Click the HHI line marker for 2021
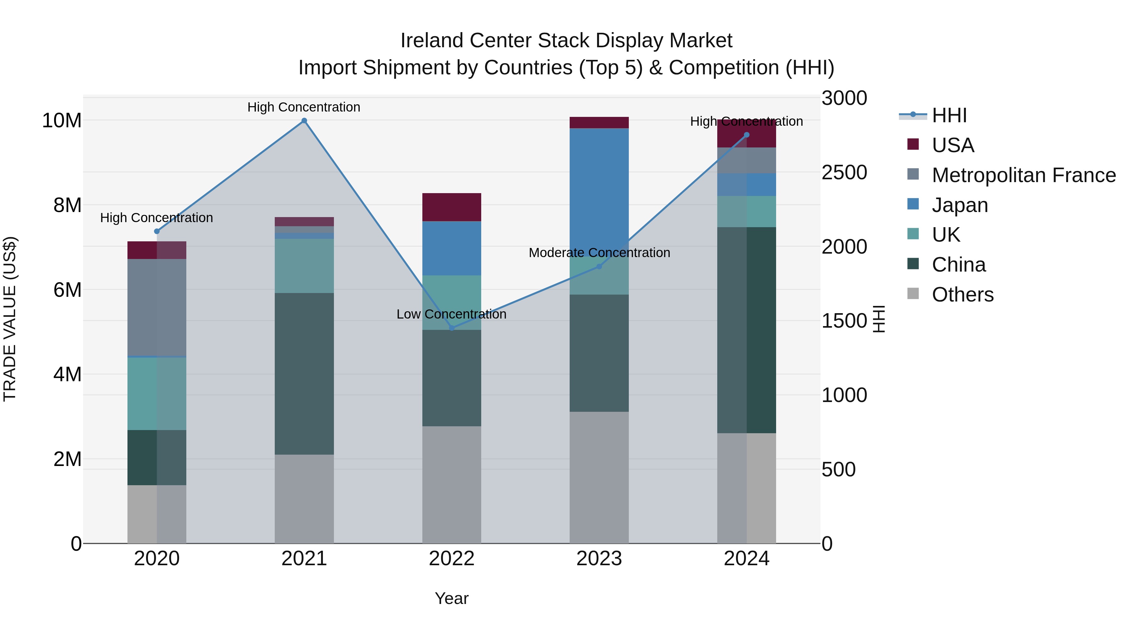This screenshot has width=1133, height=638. tap(304, 121)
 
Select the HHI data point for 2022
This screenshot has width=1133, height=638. tap(452, 328)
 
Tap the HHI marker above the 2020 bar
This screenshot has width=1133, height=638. tap(157, 231)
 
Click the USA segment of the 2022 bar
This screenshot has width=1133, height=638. tap(452, 207)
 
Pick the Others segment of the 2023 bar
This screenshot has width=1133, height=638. tap(599, 477)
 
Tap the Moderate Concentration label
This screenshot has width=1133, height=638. tap(599, 253)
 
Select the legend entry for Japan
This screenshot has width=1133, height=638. tap(959, 205)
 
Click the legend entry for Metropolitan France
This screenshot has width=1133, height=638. tap(1023, 175)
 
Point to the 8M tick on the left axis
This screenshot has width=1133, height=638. tap(67, 205)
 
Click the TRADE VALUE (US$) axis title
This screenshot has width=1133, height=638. tap(10, 319)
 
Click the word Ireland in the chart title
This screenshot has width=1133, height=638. tap(431, 41)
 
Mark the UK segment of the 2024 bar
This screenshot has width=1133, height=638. tap(747, 211)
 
